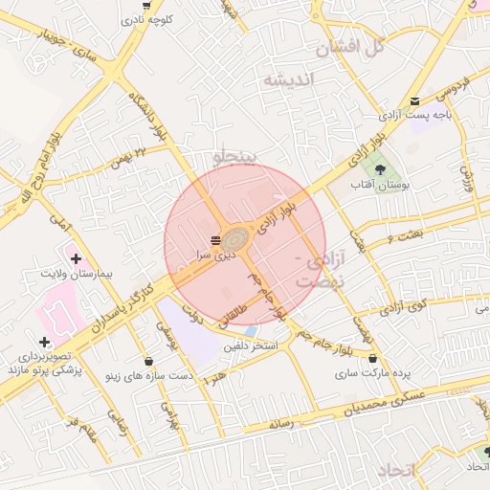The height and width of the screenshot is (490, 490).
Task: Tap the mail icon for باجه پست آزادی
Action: tap(414, 100)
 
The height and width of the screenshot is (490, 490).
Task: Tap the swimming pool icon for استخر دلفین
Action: tap(250, 330)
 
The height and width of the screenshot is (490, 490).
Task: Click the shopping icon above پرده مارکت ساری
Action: tap(371, 358)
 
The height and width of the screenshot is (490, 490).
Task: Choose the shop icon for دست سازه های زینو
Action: tap(148, 361)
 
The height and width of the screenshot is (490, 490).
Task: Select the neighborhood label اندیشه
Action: tap(288, 80)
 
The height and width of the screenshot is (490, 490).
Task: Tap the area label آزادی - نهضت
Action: tap(317, 271)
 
